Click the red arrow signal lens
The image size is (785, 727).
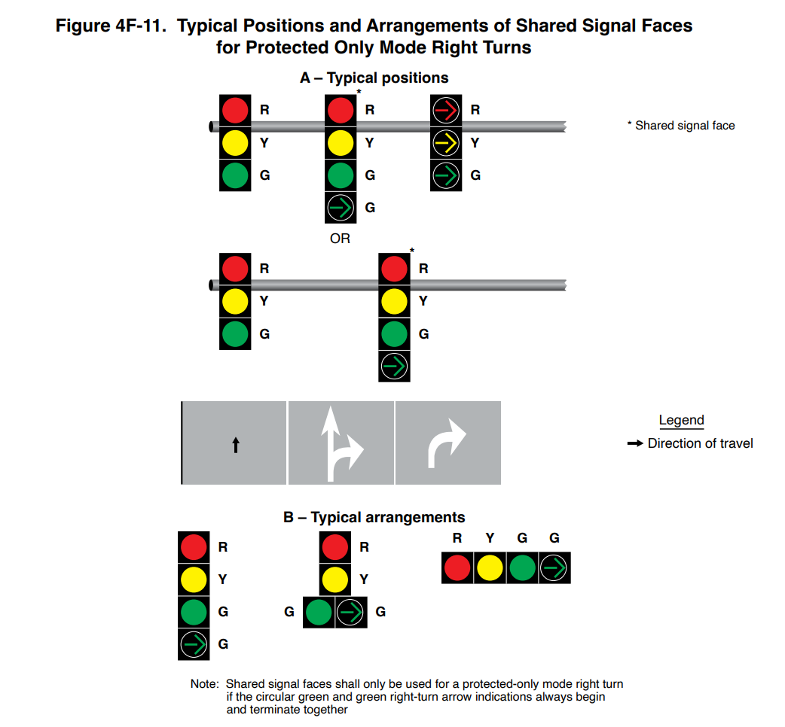pyautogui.click(x=446, y=111)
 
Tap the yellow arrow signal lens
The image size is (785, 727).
pyautogui.click(x=446, y=143)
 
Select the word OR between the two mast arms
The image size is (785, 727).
pyautogui.click(x=341, y=239)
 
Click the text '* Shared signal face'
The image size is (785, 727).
pyautogui.click(x=681, y=126)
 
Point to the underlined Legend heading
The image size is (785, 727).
pyautogui.click(x=681, y=421)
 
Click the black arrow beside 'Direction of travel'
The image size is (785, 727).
pyautogui.click(x=635, y=444)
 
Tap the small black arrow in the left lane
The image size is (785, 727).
pyautogui.click(x=235, y=445)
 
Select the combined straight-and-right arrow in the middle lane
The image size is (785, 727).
pyautogui.click(x=341, y=443)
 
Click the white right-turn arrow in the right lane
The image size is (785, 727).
pyautogui.click(x=447, y=443)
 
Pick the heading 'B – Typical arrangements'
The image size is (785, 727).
pyautogui.click(x=374, y=518)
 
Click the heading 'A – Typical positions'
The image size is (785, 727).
pyautogui.click(x=374, y=78)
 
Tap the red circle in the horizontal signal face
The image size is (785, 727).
pyautogui.click(x=457, y=567)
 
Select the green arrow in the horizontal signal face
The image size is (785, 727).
pyautogui.click(x=554, y=567)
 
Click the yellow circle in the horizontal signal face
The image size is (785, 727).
pyautogui.click(x=490, y=567)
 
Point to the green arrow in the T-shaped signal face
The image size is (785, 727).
pyautogui.click(x=350, y=613)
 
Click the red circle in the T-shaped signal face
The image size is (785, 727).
pyautogui.click(x=335, y=547)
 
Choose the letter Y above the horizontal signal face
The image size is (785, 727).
pyautogui.click(x=490, y=538)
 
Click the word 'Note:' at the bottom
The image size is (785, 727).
pyautogui.click(x=204, y=685)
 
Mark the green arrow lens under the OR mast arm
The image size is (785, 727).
pyautogui.click(x=393, y=367)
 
